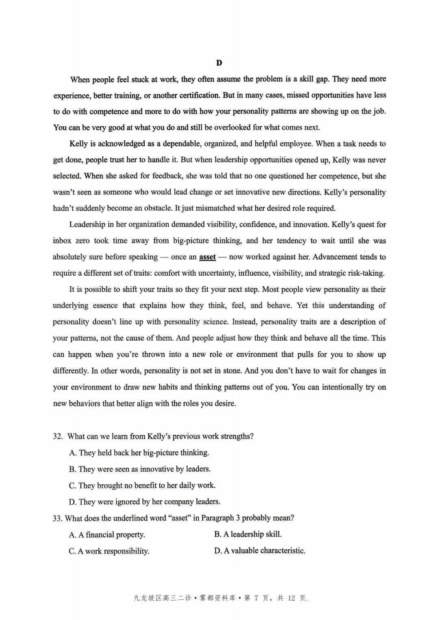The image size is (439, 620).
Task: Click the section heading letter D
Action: click(219, 63)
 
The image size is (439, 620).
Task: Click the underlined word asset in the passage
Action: click(207, 257)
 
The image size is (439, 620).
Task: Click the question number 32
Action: click(58, 436)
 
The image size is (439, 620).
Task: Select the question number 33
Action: click(57, 518)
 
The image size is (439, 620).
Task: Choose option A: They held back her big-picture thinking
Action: click(139, 453)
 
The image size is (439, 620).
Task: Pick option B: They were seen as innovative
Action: click(139, 469)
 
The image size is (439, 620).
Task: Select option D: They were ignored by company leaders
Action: click(144, 502)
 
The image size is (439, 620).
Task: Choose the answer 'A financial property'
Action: click(107, 535)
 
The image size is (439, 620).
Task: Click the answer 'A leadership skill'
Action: click(248, 534)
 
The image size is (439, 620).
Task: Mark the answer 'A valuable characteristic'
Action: click(260, 551)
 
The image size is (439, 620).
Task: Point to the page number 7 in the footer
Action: click(256, 598)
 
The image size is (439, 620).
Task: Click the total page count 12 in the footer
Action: click(291, 598)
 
